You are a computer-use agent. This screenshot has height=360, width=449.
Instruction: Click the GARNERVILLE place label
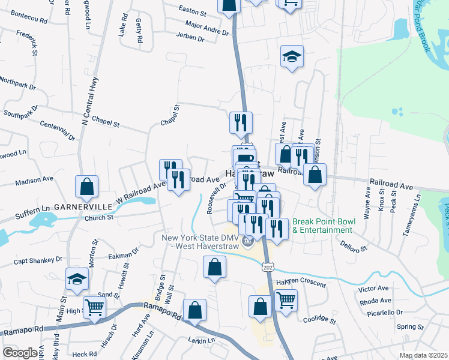click(83, 206)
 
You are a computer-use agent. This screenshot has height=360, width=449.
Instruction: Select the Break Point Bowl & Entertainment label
click(324, 226)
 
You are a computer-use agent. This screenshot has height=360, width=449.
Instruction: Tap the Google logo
click(20, 352)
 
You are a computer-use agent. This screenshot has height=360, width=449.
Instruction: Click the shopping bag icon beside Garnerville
click(86, 186)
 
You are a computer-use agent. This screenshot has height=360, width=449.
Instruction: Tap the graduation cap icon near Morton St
click(77, 279)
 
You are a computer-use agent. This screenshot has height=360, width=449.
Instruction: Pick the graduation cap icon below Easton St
click(292, 57)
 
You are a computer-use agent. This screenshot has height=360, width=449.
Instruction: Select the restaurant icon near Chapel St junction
click(241, 122)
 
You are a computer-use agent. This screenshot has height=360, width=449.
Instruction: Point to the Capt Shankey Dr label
click(38, 260)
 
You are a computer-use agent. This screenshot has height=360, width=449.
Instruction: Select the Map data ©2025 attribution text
click(424, 355)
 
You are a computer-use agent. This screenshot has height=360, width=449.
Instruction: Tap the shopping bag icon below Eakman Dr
click(214, 267)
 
